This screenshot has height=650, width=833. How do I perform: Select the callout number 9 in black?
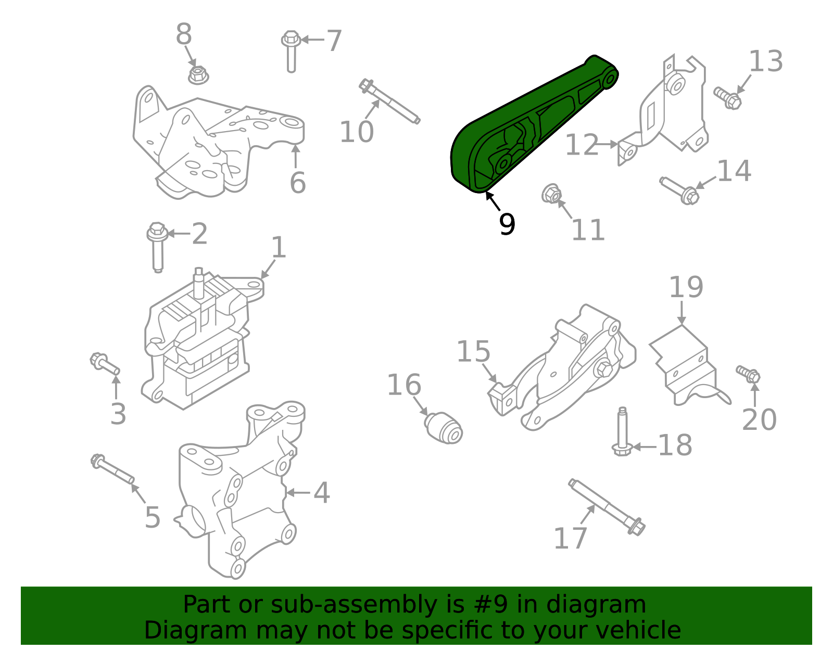pyautogui.click(x=507, y=224)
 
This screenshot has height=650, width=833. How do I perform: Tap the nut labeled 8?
pyautogui.click(x=198, y=75)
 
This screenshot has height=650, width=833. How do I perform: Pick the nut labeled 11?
pyautogui.click(x=551, y=194)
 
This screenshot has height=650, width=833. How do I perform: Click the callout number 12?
pyautogui.click(x=582, y=145)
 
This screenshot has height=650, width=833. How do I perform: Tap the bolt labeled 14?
pyautogui.click(x=680, y=190)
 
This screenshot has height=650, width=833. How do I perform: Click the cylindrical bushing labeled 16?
pyautogui.click(x=444, y=428)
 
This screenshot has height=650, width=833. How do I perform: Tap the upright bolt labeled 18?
pyautogui.click(x=622, y=432)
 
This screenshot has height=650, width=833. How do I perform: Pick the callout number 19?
pyautogui.click(x=686, y=287)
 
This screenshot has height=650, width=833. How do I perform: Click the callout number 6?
pyautogui.click(x=297, y=183)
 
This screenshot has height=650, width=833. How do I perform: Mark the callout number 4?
pyautogui.click(x=321, y=492)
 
